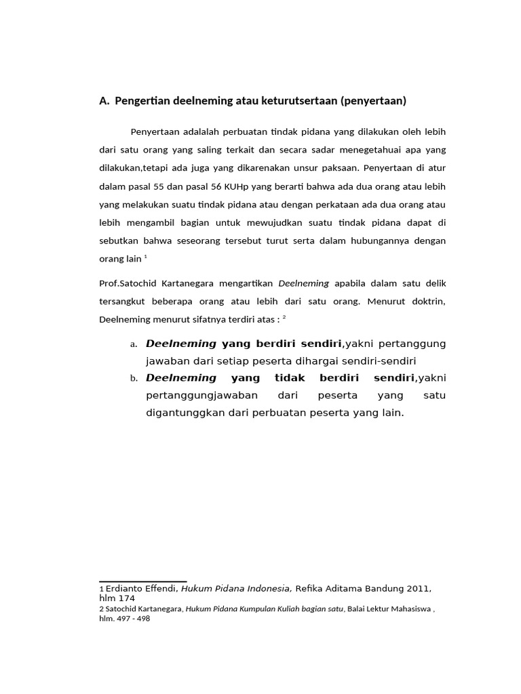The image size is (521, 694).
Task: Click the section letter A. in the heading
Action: (104, 102)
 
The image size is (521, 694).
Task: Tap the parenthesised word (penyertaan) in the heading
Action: (374, 102)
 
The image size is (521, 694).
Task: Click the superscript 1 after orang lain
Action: (146, 257)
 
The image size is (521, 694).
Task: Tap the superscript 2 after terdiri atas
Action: (284, 317)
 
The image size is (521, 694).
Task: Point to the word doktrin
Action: (426, 300)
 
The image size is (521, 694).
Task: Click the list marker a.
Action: (134, 344)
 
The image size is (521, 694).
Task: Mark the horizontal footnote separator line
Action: (143, 581)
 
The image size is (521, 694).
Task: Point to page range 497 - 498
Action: (134, 619)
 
